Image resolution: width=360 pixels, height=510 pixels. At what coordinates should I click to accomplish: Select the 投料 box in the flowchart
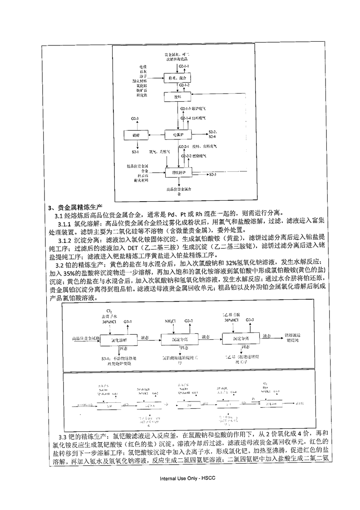(177, 97)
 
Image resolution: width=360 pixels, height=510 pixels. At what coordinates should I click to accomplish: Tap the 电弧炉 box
(177, 135)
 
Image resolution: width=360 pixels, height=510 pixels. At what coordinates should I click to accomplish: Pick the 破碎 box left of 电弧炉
(136, 135)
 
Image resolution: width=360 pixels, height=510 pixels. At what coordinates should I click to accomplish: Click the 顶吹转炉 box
(178, 173)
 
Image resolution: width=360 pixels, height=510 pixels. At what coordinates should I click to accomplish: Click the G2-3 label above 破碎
(134, 119)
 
